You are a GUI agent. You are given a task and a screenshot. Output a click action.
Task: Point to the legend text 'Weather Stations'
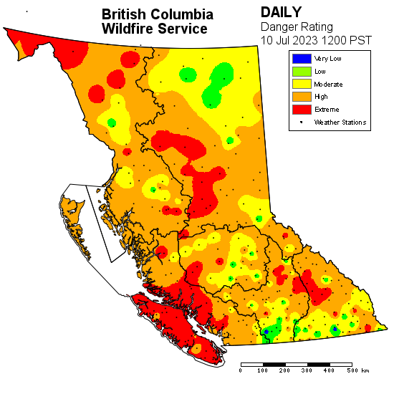tap(340, 122)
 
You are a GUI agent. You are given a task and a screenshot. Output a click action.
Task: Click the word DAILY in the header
tap(282, 12)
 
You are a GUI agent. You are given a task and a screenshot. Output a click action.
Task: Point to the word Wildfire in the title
tap(128, 29)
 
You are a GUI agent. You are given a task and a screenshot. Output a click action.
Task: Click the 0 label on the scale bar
tap(241, 370)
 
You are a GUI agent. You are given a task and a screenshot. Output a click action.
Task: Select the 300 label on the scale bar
tap(307, 370)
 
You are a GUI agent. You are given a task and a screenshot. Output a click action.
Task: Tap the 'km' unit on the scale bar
tap(366, 370)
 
